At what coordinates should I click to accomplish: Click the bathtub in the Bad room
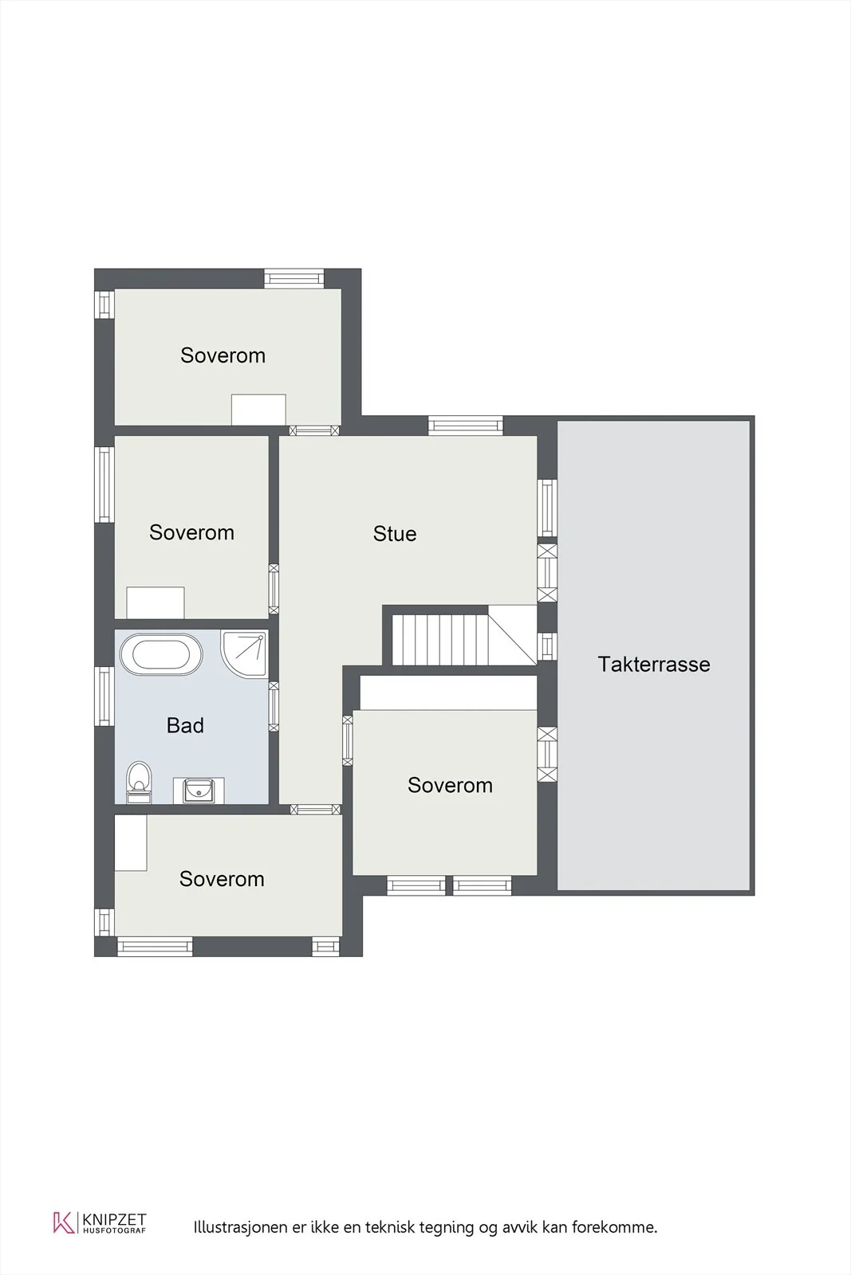[160, 654]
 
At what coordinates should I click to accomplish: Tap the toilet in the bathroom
[139, 781]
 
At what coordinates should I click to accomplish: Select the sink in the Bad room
[199, 790]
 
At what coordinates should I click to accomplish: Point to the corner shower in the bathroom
[244, 653]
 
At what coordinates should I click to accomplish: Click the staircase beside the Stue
[463, 636]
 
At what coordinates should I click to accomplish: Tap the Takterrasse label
[654, 665]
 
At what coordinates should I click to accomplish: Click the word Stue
[395, 534]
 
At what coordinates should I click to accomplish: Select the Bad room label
[185, 725]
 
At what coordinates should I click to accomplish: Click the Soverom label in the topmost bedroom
[223, 355]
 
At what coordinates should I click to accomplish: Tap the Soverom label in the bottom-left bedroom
[222, 879]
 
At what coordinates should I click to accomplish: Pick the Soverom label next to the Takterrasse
[450, 786]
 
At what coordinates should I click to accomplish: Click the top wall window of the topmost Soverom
[294, 278]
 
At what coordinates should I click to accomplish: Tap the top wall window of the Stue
[465, 426]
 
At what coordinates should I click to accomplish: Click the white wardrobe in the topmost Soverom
[258, 410]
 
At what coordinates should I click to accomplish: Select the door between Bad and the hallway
[274, 706]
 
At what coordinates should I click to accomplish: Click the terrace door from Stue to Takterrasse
[547, 573]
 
